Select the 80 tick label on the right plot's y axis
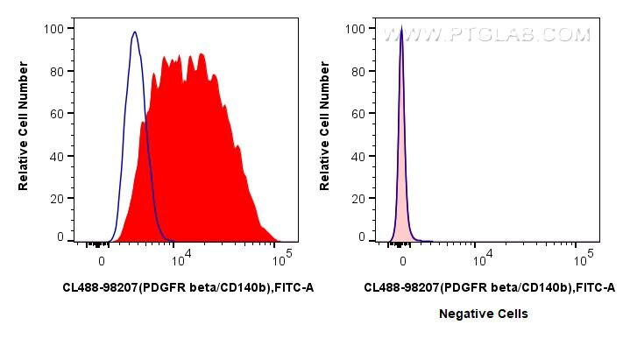coord(357,71)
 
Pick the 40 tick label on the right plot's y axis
coord(357,156)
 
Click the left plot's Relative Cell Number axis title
coord(25,131)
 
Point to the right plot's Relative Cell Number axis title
coord(326,131)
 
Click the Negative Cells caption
coord(484,314)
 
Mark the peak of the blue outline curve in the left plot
coord(134,33)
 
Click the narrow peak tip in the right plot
coord(401,29)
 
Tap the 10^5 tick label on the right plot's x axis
coord(582,260)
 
